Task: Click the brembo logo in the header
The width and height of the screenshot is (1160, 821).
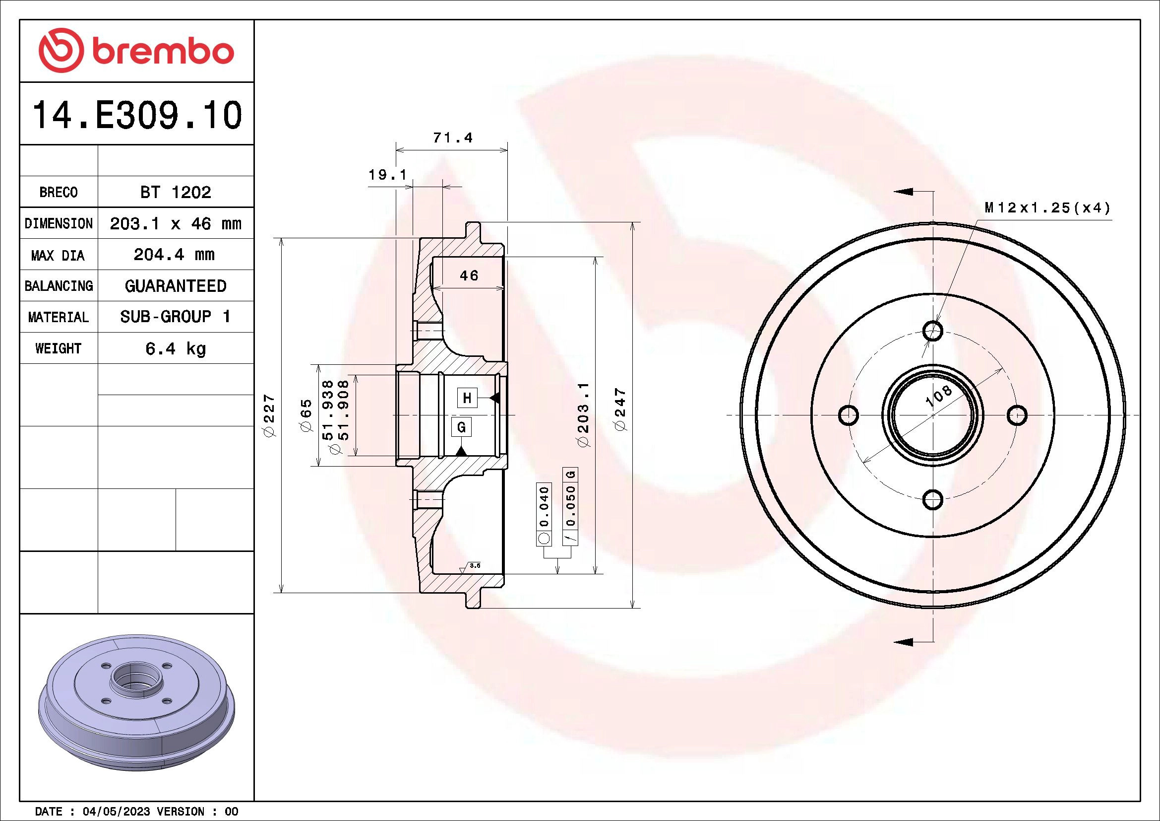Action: [x=136, y=51]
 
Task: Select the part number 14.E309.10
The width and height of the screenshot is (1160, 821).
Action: [x=137, y=115]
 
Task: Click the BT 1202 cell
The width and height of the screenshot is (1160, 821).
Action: [x=175, y=192]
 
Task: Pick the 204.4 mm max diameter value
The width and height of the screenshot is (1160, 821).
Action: [x=174, y=254]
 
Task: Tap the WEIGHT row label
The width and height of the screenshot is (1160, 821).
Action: [x=58, y=348]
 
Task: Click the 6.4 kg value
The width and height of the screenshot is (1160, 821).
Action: [x=175, y=348]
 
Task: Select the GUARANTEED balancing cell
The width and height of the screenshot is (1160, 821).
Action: [x=175, y=286]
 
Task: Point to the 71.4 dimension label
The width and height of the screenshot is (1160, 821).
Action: [x=453, y=137]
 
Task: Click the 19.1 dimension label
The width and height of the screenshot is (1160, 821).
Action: [x=387, y=175]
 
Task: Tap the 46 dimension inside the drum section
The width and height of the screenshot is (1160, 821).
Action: [x=469, y=275]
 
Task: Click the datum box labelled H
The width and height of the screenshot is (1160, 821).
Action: [x=467, y=398]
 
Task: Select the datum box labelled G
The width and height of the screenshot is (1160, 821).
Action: [x=461, y=427]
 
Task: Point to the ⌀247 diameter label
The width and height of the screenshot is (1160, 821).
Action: [x=620, y=410]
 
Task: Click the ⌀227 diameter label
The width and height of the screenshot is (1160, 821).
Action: [x=269, y=415]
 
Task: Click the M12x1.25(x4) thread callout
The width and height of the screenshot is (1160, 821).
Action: [x=1047, y=208]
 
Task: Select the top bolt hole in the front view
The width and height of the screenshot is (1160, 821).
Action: [x=933, y=331]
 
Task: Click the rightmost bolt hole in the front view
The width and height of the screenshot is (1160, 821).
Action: [x=1017, y=415]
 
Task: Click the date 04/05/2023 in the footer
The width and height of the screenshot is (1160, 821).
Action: [x=116, y=811]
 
